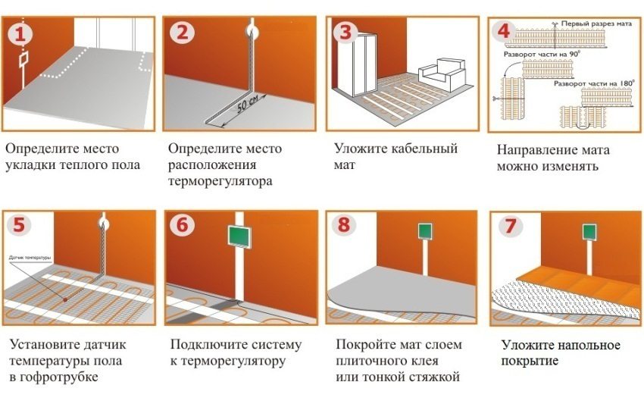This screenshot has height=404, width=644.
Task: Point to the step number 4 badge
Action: [x=502, y=32]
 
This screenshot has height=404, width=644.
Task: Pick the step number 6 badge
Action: [x=182, y=226]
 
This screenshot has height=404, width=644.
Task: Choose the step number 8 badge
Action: [x=345, y=226]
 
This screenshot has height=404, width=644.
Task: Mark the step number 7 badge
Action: [x=506, y=226]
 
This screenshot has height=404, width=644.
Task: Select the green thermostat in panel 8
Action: [x=425, y=230]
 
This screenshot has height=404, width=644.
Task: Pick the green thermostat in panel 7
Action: [x=588, y=230]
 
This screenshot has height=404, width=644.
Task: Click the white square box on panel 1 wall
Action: [x=23, y=58]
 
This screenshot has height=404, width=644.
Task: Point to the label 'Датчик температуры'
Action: [x=31, y=258]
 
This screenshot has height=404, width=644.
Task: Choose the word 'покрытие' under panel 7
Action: [x=530, y=361]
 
